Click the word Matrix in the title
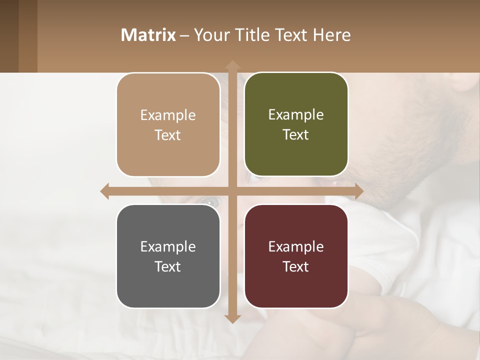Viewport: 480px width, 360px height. (x=148, y=35)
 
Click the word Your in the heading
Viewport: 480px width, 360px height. (x=211, y=35)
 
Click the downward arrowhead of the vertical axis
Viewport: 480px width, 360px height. (x=232, y=318)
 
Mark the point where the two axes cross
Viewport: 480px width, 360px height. (x=232, y=191)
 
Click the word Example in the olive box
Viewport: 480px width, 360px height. (x=296, y=115)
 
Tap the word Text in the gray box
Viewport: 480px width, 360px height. (x=167, y=266)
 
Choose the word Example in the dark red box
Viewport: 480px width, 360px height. (x=296, y=246)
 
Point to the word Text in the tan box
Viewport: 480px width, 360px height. (x=167, y=135)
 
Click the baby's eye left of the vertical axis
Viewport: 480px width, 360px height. (x=210, y=202)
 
